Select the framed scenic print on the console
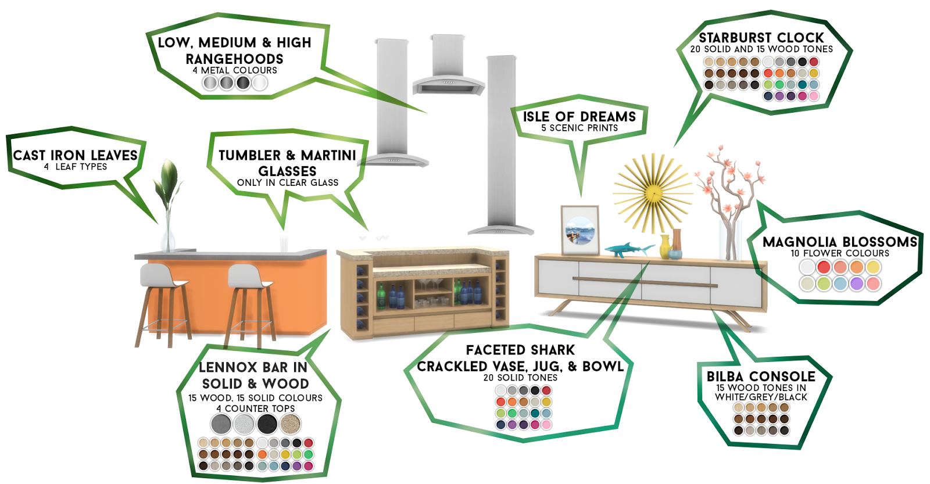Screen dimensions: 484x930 click(x=580, y=230)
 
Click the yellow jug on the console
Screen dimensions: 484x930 click(x=665, y=246)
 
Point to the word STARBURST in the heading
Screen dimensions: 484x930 click(x=735, y=38)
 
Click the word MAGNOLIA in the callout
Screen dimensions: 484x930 click(x=799, y=242)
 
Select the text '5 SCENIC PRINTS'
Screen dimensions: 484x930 click(x=580, y=128)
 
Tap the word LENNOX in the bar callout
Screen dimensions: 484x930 click(x=228, y=367)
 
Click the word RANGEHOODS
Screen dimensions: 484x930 click(x=234, y=59)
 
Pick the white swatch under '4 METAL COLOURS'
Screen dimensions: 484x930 click(x=260, y=83)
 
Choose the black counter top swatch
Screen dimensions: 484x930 click(x=267, y=424)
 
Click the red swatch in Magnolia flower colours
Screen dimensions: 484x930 click(x=824, y=267)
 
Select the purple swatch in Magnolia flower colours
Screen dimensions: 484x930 click(x=856, y=284)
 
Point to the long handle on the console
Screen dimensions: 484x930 click(x=645, y=282)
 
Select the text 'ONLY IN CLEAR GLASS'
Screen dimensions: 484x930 click(x=287, y=182)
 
